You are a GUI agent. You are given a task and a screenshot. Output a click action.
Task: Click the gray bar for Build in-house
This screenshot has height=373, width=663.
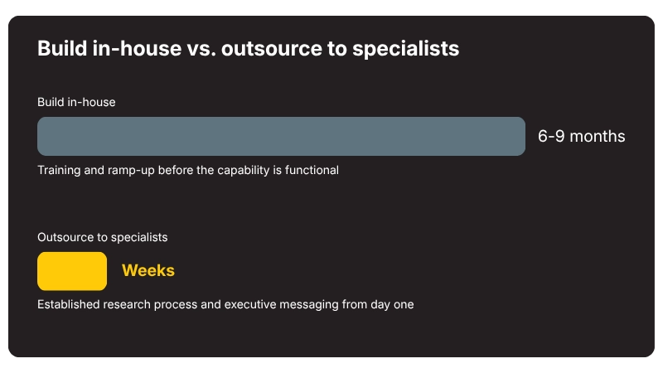[281, 136]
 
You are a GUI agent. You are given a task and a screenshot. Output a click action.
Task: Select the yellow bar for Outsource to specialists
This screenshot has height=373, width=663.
[72, 271]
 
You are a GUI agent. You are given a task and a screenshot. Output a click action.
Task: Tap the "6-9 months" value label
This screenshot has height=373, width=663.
[582, 136]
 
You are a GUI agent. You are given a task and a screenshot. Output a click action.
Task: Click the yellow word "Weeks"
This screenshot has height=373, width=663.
[148, 271]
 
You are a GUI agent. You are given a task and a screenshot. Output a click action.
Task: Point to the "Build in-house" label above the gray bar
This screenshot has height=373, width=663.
[76, 102]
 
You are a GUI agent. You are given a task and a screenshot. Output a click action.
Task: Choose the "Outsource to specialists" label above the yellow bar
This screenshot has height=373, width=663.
[102, 237]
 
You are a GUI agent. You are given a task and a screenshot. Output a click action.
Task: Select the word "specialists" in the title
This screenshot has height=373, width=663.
[405, 49]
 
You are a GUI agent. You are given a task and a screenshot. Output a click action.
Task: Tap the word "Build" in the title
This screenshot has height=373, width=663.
[62, 48]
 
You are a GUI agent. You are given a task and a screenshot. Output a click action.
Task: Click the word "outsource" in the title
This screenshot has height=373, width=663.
[272, 49]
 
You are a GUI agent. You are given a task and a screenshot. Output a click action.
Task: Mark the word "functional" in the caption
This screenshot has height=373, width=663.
[312, 170]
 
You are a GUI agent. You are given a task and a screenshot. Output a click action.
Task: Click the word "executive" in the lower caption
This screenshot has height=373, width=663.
[250, 304]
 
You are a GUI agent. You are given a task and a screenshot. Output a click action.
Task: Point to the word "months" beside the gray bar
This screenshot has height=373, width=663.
[598, 136]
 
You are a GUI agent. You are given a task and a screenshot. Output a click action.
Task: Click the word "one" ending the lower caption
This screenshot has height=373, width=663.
[404, 305]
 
